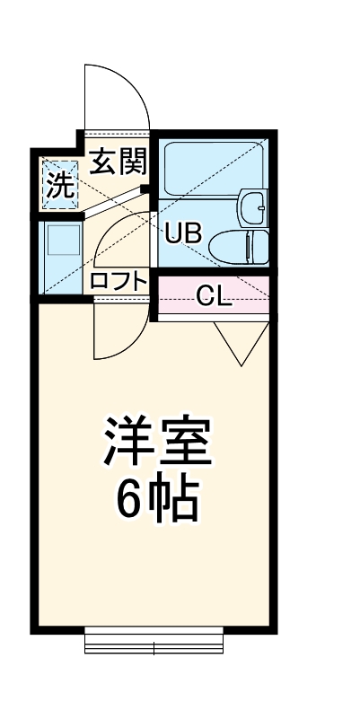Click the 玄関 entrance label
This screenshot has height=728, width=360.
(118, 162)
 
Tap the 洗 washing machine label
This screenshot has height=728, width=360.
(59, 185)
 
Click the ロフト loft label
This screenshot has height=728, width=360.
(118, 281)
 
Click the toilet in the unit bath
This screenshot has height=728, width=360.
(244, 243)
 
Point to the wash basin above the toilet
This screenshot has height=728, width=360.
(253, 207)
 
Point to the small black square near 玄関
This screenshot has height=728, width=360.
(145, 189)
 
